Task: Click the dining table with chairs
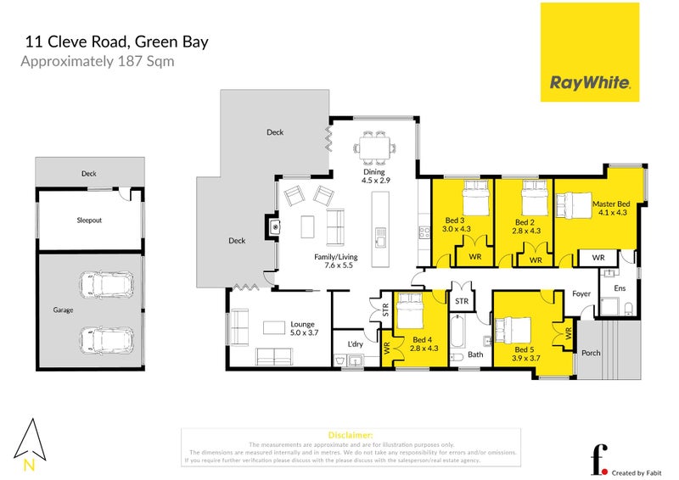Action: tap(374, 147)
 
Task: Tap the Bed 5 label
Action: tap(526, 349)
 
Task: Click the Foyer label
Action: tap(581, 294)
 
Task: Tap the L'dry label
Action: tap(356, 343)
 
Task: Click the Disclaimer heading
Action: tap(349, 433)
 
